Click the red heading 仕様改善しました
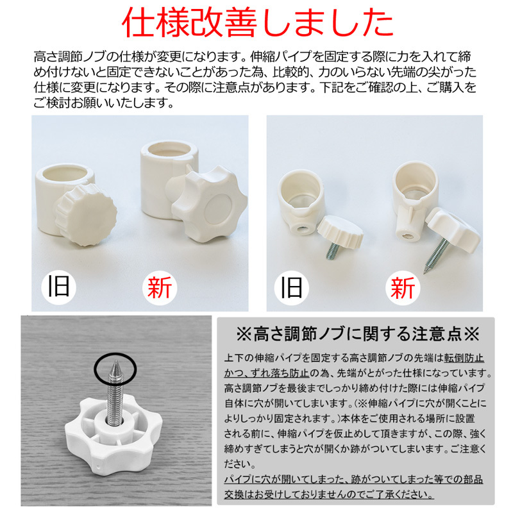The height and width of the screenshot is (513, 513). point(256,24)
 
